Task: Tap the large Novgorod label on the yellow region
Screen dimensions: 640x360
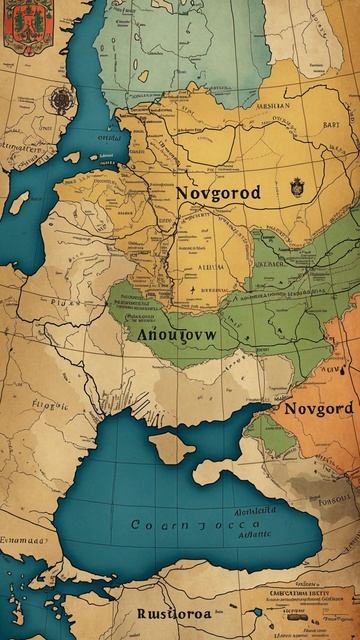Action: point(217,192)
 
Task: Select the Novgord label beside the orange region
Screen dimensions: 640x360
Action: point(318,409)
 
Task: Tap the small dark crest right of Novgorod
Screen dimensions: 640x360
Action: point(296,187)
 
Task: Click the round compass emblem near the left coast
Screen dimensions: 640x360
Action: point(62,99)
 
